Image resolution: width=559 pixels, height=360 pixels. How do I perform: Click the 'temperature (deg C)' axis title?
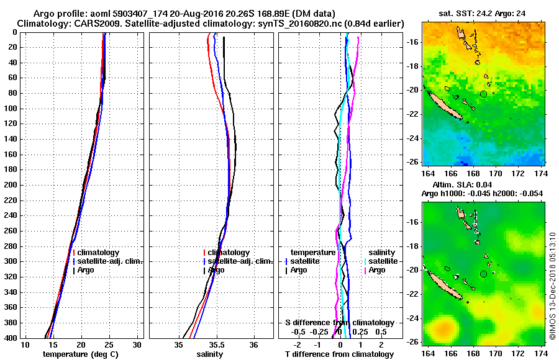point(80,354)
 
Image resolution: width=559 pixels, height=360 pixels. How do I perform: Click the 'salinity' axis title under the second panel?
point(210,354)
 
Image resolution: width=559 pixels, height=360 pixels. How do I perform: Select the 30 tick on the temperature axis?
point(137,344)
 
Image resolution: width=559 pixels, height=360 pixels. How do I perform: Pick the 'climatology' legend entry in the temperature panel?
point(99,253)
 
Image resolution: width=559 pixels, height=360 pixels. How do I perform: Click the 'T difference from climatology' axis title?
point(339,354)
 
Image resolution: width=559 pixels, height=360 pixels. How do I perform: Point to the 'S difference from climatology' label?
point(339,323)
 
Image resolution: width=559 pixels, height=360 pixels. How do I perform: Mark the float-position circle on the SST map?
point(483,94)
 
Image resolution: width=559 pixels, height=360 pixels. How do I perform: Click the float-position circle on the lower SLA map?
point(483,274)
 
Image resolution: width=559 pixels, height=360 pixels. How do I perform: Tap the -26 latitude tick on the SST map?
point(413,162)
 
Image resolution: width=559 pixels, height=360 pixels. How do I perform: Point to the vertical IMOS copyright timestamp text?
point(552,286)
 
